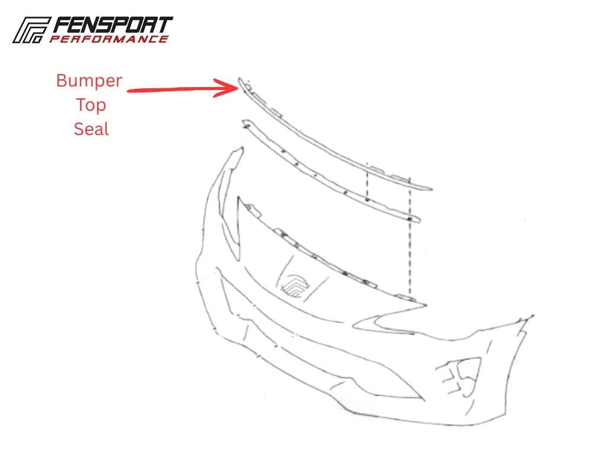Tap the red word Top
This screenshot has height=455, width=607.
point(91,105)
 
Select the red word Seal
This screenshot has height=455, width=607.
point(91,129)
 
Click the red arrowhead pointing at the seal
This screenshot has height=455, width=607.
point(228,88)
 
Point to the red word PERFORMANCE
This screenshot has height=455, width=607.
point(109,39)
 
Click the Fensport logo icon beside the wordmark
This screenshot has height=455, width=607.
point(31,30)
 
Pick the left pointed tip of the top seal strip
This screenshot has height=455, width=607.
point(239,78)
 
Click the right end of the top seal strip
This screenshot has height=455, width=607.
point(432,189)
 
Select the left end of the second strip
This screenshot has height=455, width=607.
point(244,123)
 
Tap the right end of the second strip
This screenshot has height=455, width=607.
point(420,220)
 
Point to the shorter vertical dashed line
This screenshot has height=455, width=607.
point(367,181)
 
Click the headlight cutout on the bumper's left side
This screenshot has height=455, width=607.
point(231,202)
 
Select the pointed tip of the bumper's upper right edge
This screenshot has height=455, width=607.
point(533,316)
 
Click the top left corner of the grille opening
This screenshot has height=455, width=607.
point(239,197)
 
